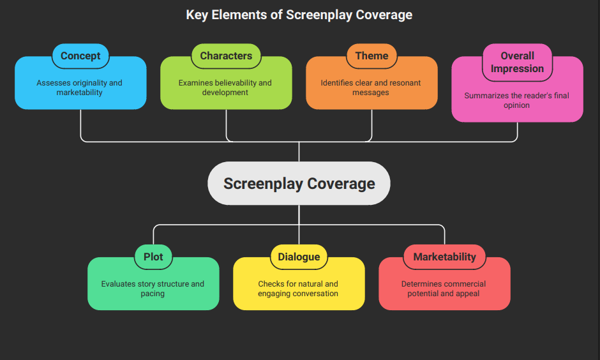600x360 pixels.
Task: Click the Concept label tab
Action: (x=80, y=56)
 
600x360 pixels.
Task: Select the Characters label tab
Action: (x=226, y=56)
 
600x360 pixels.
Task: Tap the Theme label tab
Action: (x=371, y=56)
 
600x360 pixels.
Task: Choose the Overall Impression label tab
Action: (x=517, y=62)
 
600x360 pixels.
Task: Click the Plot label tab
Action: (x=153, y=257)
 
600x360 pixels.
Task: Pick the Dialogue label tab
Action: (x=299, y=257)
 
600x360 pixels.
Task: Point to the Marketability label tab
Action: (x=444, y=257)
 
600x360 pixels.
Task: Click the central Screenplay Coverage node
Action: (x=299, y=184)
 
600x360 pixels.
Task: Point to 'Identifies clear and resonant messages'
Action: (x=371, y=87)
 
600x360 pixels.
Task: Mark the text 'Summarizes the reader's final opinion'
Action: (x=516, y=100)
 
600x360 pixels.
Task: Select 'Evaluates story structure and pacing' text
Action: (x=153, y=289)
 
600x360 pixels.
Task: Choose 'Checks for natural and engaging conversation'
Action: (x=298, y=289)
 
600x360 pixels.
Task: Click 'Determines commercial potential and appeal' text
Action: (x=444, y=289)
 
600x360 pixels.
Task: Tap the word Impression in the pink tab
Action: (x=517, y=68)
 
